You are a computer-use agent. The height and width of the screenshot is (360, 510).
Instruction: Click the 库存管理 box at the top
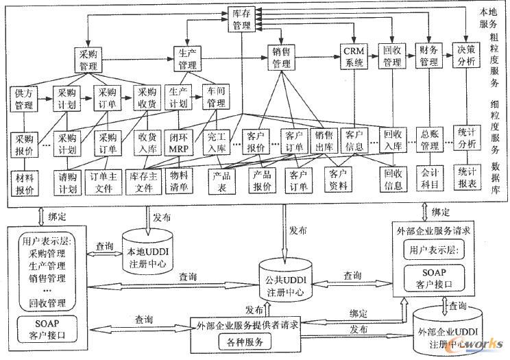pyautogui.click(x=241, y=19)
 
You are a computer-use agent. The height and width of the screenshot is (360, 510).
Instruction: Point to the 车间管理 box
pyautogui.click(x=216, y=98)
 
